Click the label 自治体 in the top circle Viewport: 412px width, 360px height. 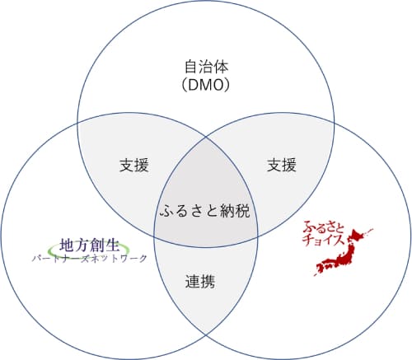206,67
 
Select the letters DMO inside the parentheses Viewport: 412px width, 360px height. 206,85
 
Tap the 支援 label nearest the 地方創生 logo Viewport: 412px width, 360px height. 134,165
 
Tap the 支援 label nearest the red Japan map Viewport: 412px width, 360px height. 282,165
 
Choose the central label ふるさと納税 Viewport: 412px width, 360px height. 205,211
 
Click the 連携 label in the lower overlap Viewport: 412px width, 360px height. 200,281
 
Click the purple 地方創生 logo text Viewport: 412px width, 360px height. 90,245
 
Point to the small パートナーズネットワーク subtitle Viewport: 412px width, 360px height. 90,259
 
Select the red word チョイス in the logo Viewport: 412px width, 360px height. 323,240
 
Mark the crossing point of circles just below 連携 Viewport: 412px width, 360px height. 206,335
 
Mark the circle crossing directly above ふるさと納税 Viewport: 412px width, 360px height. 206,138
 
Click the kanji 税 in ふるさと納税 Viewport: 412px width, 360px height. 243,211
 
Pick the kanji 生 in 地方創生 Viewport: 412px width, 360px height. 112,245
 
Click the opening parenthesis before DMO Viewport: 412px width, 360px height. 185,85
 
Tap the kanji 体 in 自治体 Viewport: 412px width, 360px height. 221,67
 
